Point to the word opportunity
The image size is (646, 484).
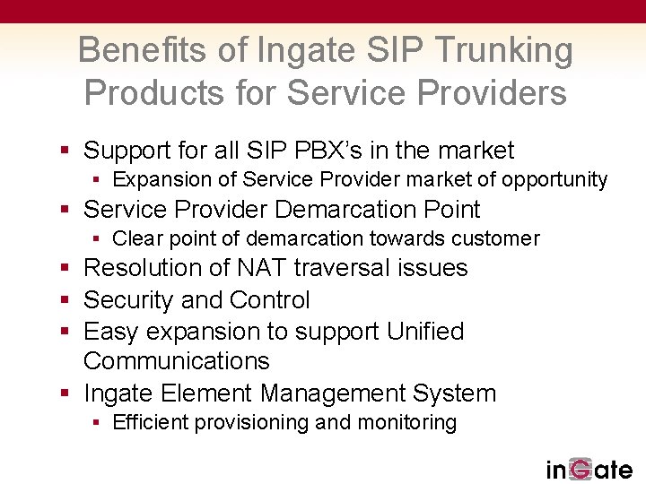click(x=554, y=180)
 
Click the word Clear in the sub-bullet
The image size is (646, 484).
click(x=136, y=238)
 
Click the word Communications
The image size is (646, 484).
click(x=176, y=361)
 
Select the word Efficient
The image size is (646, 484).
click(x=148, y=423)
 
